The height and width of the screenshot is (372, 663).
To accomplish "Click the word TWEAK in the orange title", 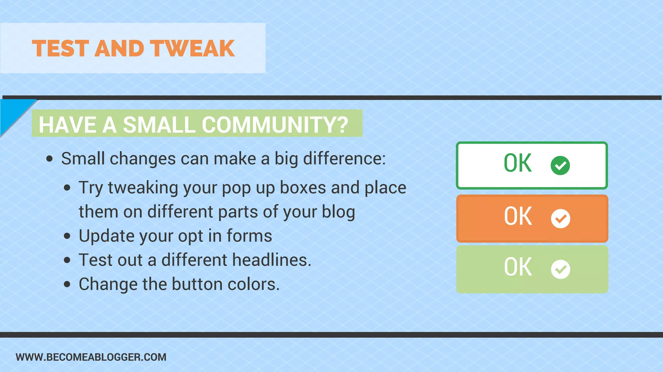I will tap(193, 49).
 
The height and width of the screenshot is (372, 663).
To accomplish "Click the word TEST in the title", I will tap(61, 49).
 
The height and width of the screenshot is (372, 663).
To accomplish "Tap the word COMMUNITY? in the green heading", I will tap(275, 125).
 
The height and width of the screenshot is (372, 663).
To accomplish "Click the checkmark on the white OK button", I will tap(560, 165).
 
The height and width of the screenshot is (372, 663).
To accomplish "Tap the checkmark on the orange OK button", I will tap(560, 219).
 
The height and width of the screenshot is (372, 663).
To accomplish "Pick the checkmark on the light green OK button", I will tap(560, 269).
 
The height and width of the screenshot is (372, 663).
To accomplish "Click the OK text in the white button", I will tap(518, 163).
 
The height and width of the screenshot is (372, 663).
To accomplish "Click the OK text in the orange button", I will tap(518, 216).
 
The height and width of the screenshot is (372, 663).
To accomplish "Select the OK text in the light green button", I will tap(518, 267).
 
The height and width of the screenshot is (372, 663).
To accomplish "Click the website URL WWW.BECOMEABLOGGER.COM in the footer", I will tap(91, 357).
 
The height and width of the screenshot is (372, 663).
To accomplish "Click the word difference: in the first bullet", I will tap(344, 159).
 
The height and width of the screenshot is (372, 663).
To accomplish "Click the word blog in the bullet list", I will tap(338, 212).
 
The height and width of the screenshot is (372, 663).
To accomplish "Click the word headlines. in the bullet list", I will tap(272, 260).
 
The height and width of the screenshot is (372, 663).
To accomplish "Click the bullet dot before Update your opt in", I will tap(67, 236).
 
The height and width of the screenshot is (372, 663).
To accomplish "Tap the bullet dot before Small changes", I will tap(49, 159).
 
